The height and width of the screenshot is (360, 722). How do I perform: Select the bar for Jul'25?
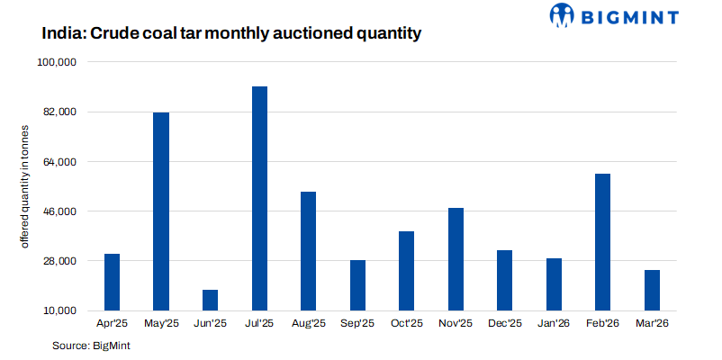(x=259, y=198)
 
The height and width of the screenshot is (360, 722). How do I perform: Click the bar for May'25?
(x=161, y=211)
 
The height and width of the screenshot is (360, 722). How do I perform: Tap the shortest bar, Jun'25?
(x=210, y=300)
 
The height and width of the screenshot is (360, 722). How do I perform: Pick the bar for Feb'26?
(x=603, y=242)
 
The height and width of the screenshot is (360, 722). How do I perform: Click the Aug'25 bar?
(x=308, y=251)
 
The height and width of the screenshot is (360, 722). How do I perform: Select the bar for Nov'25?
(x=456, y=259)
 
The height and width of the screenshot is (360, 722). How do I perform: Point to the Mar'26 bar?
(x=652, y=290)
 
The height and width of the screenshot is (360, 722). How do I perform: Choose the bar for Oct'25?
(x=407, y=271)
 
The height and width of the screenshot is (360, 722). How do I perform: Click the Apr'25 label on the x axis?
(x=112, y=323)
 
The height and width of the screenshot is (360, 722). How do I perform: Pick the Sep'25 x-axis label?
(x=357, y=323)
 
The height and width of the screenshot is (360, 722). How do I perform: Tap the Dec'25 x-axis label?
(x=505, y=323)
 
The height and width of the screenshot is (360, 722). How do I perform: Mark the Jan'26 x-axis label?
(x=554, y=323)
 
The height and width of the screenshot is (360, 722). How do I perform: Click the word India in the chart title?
(x=64, y=34)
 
